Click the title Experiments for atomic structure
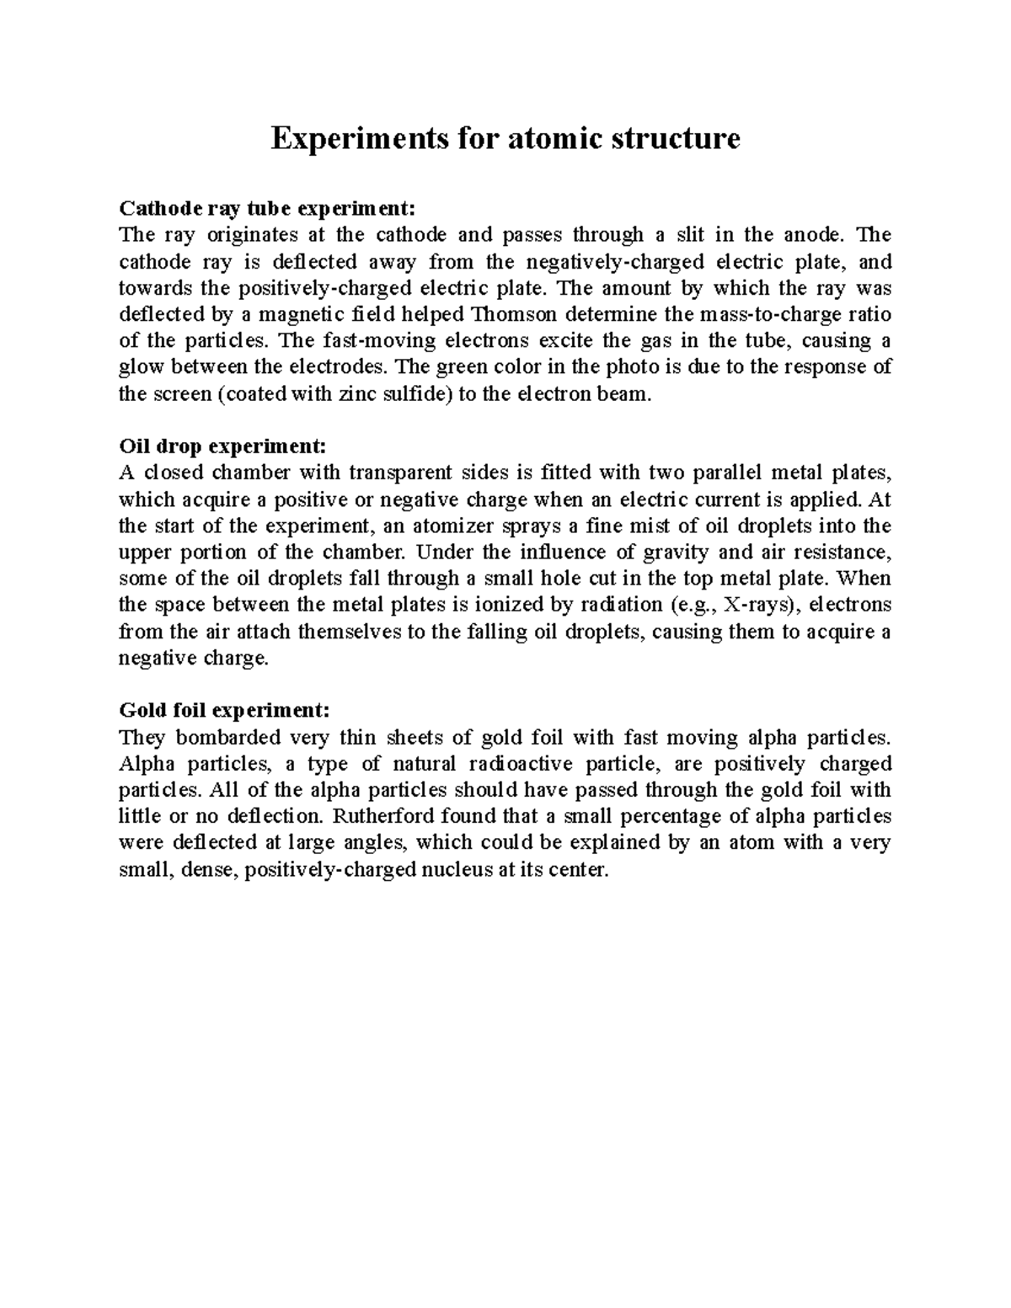505,138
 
